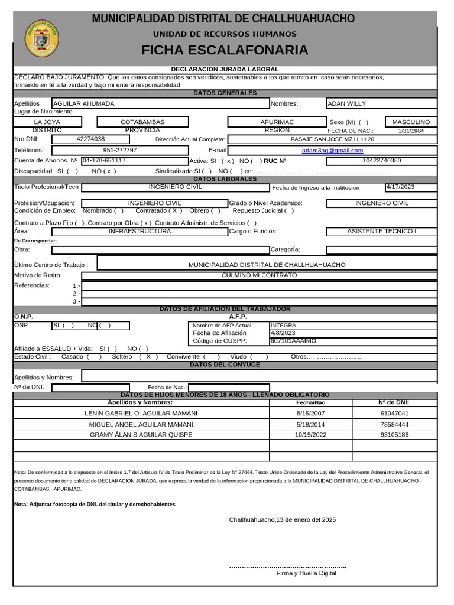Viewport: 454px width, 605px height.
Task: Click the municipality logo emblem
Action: coord(42,40)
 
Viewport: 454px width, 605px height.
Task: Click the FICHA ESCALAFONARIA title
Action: coord(225,50)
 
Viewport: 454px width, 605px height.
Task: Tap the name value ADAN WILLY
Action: coord(347,103)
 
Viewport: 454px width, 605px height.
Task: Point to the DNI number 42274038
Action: coord(91,139)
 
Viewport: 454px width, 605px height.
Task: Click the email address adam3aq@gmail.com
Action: coord(332,150)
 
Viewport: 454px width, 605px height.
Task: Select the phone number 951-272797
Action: coord(120,150)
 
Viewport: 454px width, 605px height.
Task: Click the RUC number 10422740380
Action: coord(381,160)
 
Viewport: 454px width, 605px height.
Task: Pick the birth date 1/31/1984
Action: coord(411,131)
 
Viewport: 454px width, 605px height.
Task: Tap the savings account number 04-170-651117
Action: coord(104,160)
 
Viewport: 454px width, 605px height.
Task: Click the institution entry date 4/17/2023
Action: coord(400,187)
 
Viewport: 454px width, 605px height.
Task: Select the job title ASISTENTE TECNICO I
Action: coord(381,232)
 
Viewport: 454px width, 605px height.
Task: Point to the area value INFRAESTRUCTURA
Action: coord(140,232)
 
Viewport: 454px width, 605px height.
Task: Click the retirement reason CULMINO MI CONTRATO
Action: coord(259,275)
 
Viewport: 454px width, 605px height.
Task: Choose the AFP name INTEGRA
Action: coord(283,325)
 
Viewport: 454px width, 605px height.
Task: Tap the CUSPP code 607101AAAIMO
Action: coord(293,341)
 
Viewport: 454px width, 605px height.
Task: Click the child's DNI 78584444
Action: coord(394,424)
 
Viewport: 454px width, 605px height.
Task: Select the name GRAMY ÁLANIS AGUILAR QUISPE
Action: coord(141,435)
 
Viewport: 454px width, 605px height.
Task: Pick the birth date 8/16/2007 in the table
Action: coord(310,414)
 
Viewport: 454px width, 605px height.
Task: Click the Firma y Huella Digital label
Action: coord(306,573)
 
